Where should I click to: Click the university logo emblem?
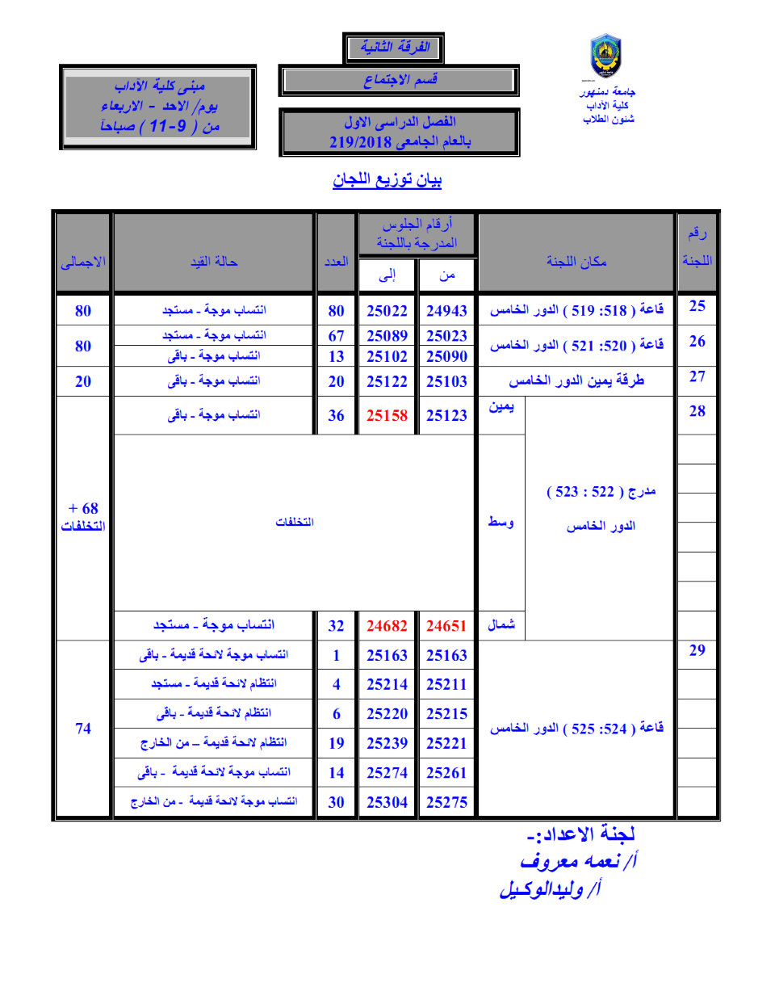tap(605, 56)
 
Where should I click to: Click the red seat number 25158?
tap(387, 415)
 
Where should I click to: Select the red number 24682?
tap(387, 626)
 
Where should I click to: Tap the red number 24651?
tap(446, 626)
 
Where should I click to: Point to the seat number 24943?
tap(446, 311)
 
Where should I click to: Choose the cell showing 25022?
tap(387, 311)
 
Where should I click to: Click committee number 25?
tap(697, 306)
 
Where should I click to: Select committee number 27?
tap(697, 376)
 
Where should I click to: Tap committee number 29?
tap(697, 650)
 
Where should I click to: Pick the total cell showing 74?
tap(83, 729)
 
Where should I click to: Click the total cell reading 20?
tap(83, 382)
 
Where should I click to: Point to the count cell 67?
tap(336, 336)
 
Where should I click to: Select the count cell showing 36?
tap(336, 416)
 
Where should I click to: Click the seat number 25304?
tap(387, 802)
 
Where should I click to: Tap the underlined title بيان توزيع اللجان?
tap(387, 179)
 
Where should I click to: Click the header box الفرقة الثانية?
tap(394, 48)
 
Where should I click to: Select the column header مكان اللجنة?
tap(576, 262)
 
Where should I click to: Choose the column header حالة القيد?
tap(214, 262)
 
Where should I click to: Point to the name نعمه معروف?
tap(578, 861)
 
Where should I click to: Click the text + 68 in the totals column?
tap(83, 508)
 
